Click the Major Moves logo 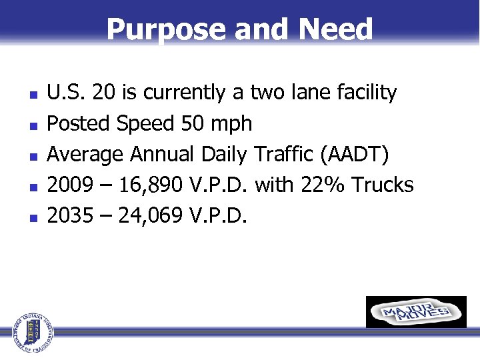[416, 312]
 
